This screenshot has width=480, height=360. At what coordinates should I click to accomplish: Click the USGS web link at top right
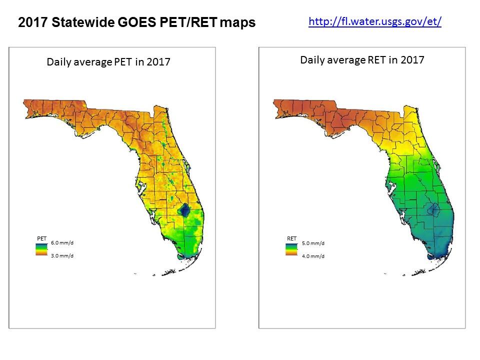[375, 21]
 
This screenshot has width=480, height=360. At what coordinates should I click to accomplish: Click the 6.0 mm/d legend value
[62, 242]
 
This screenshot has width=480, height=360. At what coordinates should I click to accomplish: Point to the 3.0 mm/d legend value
[62, 255]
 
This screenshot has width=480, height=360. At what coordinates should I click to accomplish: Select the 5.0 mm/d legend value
[313, 243]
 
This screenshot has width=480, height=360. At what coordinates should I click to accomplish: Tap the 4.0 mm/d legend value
[313, 256]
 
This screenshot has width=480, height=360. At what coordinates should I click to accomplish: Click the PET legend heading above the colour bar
[41, 238]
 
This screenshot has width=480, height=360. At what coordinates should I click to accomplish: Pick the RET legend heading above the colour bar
[291, 238]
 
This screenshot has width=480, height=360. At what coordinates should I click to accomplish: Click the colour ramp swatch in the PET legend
[41, 249]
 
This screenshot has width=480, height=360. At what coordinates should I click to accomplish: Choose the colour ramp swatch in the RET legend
[291, 249]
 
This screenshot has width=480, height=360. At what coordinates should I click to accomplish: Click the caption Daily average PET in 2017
[108, 62]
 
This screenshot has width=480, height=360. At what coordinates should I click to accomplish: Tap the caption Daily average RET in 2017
[362, 60]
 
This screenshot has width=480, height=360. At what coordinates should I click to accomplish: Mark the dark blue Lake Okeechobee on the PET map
[185, 210]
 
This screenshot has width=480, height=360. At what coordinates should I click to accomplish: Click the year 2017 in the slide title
[30, 22]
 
